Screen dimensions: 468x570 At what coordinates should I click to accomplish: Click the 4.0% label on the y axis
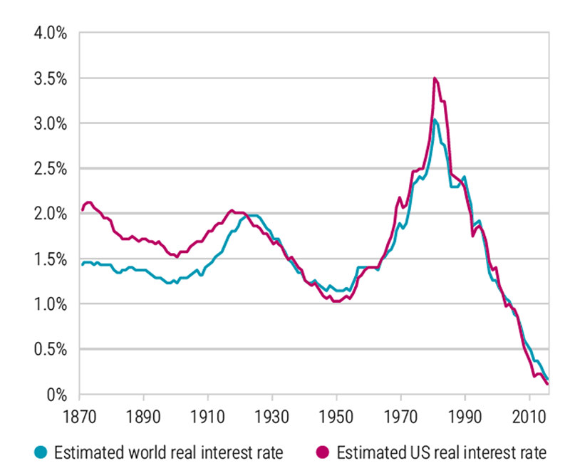(x=47, y=33)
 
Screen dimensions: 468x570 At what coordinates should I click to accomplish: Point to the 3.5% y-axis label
(x=47, y=78)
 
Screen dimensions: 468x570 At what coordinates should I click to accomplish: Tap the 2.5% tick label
(x=47, y=169)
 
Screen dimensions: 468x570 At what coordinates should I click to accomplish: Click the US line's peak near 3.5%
(x=435, y=78)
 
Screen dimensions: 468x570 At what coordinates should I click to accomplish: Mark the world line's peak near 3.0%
(x=435, y=120)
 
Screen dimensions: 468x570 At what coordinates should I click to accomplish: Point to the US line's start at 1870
(x=81, y=210)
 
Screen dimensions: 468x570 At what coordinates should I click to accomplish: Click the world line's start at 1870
(x=81, y=265)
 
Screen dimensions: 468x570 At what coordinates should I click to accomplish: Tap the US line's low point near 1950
(x=335, y=301)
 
